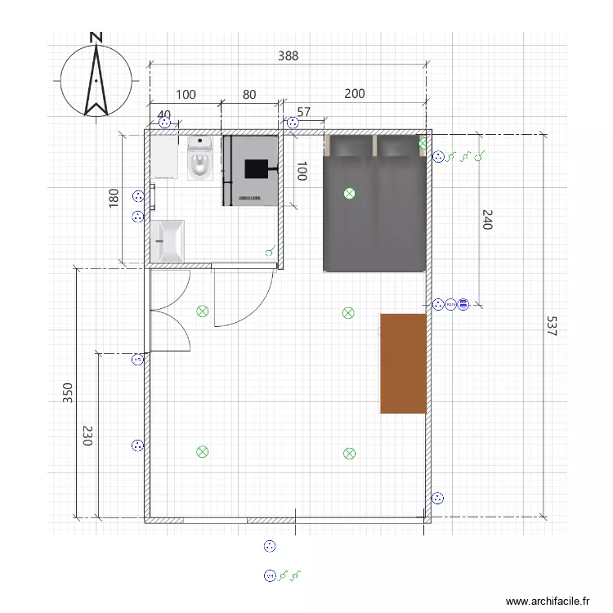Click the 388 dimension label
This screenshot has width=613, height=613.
288,56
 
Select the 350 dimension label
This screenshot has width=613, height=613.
68,393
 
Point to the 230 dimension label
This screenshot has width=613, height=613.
88,434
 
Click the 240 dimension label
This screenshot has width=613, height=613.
488,219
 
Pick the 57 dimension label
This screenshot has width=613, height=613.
304,112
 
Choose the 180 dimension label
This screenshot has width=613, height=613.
114,199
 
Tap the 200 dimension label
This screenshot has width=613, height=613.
354,94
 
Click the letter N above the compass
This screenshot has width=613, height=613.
96,37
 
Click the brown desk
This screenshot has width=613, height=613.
404,363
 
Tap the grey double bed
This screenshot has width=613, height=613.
375,203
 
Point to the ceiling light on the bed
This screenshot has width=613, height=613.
350,194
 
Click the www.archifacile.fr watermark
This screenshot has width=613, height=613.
548,601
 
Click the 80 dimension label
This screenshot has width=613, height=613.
249,95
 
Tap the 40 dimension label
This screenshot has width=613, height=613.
163,114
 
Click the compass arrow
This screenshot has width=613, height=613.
96,81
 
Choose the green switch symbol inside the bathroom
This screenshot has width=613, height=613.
270,252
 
